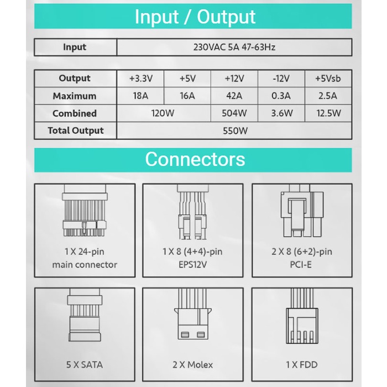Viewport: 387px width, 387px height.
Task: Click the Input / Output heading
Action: click(x=195, y=17)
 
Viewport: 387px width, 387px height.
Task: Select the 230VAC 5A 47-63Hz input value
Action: click(x=234, y=47)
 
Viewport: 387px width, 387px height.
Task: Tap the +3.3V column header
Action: click(x=140, y=79)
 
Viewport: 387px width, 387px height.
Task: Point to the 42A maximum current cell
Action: click(x=234, y=96)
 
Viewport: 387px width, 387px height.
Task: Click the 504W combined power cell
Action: click(x=234, y=113)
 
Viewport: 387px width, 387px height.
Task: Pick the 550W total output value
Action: click(x=234, y=131)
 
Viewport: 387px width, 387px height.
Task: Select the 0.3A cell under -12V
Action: click(x=281, y=96)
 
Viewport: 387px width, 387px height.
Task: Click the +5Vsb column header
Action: click(x=328, y=79)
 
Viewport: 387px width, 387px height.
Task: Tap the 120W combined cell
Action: click(x=164, y=113)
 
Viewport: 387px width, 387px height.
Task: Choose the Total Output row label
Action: click(x=76, y=131)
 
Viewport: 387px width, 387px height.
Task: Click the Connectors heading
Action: click(x=195, y=159)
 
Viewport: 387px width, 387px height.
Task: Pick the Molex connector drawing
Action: click(x=192, y=322)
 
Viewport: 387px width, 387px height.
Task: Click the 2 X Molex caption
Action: click(x=192, y=364)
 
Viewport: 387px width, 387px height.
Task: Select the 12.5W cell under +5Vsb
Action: click(x=328, y=113)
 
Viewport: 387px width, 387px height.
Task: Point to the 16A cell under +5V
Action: click(x=187, y=96)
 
